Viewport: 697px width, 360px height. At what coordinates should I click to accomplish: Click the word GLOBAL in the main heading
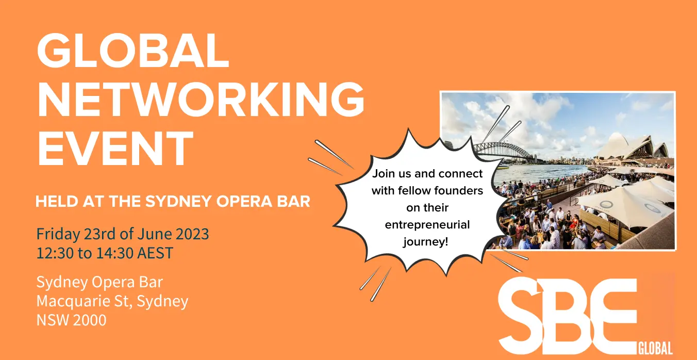[x=133, y=50]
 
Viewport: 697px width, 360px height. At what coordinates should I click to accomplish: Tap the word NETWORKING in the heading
[x=201, y=100]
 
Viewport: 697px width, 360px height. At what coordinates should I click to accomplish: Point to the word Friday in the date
[x=58, y=234]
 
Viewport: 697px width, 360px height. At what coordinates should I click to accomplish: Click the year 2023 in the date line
[x=192, y=234]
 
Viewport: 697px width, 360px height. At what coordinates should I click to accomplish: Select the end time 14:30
[x=115, y=253]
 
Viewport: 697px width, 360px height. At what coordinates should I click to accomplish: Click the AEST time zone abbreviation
[x=155, y=253]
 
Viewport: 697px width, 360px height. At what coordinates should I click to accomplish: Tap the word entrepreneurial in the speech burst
[x=427, y=225]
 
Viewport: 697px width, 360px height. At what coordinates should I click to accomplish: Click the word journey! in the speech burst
[x=426, y=242]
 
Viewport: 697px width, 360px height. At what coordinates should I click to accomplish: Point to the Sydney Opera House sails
[x=632, y=147]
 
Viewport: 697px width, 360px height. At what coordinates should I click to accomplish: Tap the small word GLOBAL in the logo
[x=655, y=348]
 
